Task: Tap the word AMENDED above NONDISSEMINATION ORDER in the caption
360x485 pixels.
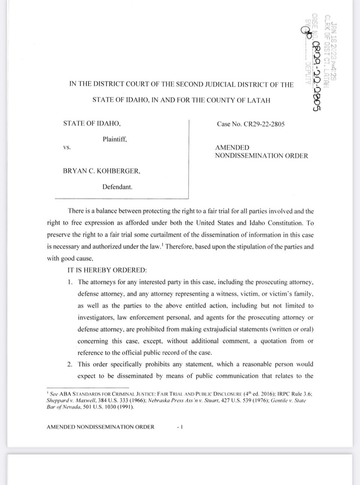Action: (x=232, y=148)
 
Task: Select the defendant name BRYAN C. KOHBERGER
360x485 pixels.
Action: (x=102, y=171)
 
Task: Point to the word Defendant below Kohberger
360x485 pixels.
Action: (x=117, y=187)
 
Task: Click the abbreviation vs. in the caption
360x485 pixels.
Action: (x=67, y=147)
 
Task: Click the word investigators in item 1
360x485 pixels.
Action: (x=95, y=317)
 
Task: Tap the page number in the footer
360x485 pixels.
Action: (x=180, y=427)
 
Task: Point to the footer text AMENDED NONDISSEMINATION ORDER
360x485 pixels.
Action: (x=100, y=427)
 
